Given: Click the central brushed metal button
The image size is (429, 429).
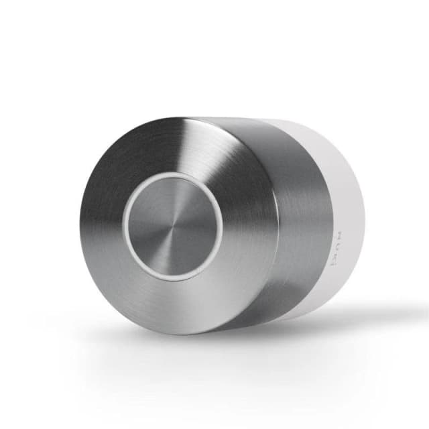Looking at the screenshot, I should click(173, 226).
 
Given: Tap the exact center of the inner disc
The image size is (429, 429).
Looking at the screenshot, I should click(173, 226).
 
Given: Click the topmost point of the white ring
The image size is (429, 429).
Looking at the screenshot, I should click(173, 173).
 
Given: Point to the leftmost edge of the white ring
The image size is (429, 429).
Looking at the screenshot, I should click(123, 226).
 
